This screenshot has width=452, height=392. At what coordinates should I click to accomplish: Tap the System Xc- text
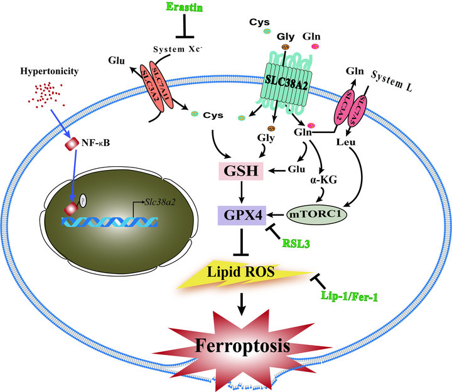point(181,48)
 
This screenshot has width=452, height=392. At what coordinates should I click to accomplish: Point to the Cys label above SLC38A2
point(259,21)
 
